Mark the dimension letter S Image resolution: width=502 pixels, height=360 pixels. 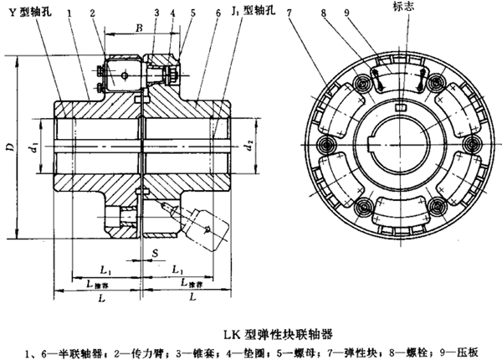(144, 251)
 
